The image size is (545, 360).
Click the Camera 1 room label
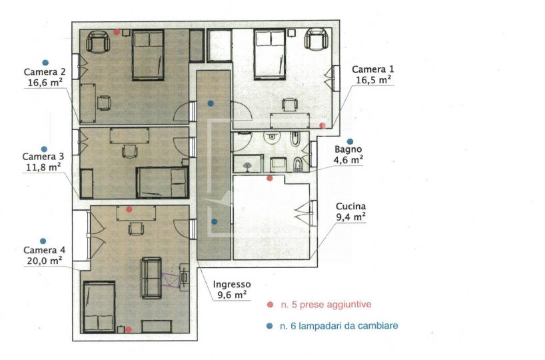pyautogui.click(x=373, y=69)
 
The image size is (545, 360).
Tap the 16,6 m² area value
pyautogui.click(x=45, y=83)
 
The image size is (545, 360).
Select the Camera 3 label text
pyautogui.click(x=43, y=157)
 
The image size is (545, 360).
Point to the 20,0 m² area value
pyautogui.click(x=45, y=260)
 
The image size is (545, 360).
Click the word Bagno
pyautogui.click(x=348, y=149)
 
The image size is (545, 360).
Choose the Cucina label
pyautogui.click(x=350, y=206)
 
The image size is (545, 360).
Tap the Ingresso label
pyautogui.click(x=232, y=285)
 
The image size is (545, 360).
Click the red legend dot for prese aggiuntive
pyautogui.click(x=270, y=305)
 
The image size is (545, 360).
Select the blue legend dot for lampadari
pyautogui.click(x=269, y=326)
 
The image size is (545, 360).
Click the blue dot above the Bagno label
pyautogui.click(x=350, y=141)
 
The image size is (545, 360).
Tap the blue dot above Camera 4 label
pyautogui.click(x=43, y=241)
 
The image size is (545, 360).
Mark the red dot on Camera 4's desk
pyautogui.click(x=129, y=209)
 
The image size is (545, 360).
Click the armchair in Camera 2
pyautogui.click(x=98, y=42)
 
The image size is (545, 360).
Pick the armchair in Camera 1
pyautogui.click(x=316, y=41)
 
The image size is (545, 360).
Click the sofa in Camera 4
pyautogui.click(x=151, y=278)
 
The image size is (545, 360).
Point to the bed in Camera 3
pyautogui.click(x=163, y=183)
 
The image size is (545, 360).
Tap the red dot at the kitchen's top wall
pyautogui.click(x=269, y=179)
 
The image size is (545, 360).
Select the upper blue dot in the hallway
pyautogui.click(x=211, y=103)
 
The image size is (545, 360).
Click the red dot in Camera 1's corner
pyautogui.click(x=322, y=125)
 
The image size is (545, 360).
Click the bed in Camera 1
pyautogui.click(x=271, y=54)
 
